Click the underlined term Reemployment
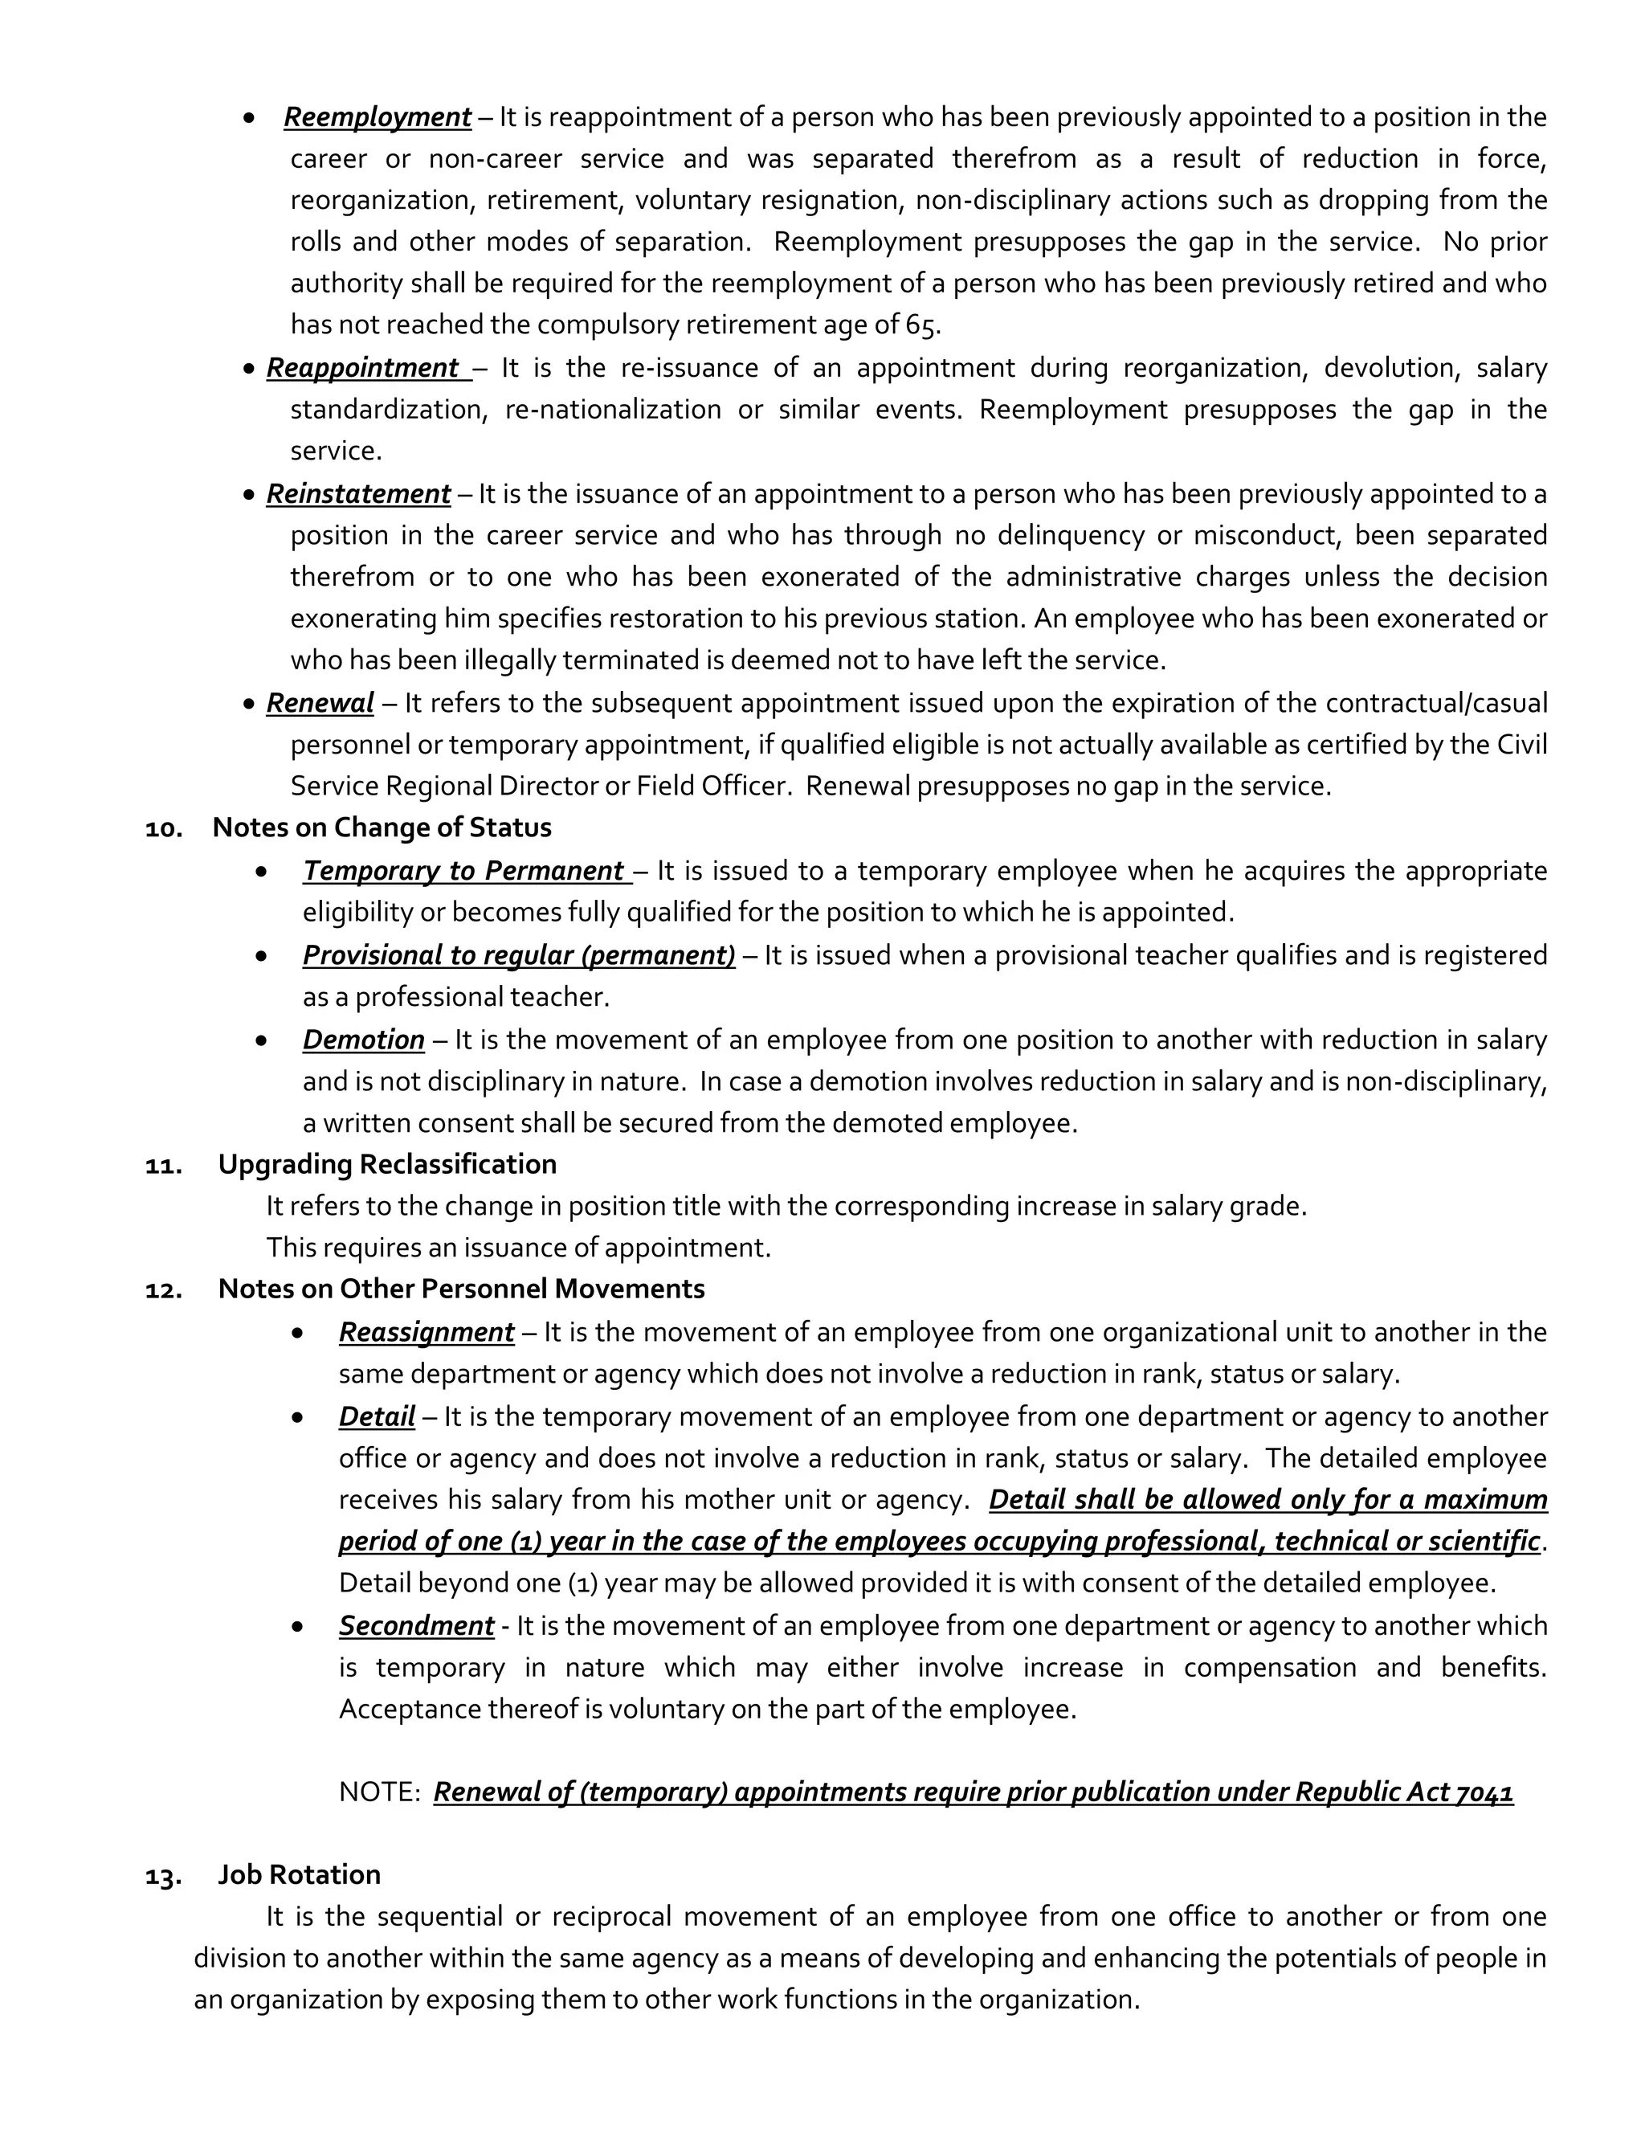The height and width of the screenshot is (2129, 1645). coord(378,118)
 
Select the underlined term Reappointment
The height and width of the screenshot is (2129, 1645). coord(362,369)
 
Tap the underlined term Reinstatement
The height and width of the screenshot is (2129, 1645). coord(358,494)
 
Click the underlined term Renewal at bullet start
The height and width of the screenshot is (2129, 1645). coord(320,703)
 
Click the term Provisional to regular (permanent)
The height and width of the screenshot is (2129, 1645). coord(518,955)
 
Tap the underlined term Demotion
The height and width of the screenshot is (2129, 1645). coord(364,1040)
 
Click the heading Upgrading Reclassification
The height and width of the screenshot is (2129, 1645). coord(387,1165)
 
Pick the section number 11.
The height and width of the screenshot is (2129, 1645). coord(164,1166)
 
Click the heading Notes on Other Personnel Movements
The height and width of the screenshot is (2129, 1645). coord(461,1289)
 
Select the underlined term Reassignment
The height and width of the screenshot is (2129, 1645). coord(426,1333)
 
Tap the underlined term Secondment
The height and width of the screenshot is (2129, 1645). coord(416,1626)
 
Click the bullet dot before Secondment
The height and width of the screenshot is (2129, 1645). coord(297,1627)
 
